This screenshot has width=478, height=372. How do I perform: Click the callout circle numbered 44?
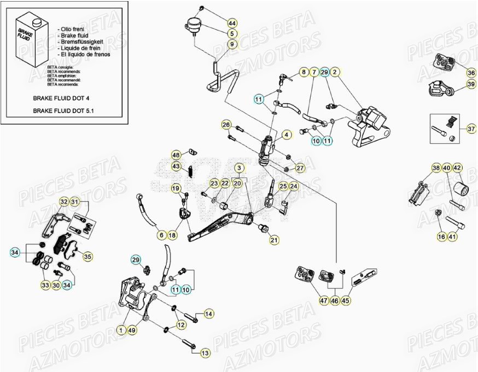coord(232,23)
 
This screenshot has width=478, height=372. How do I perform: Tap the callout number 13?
coord(205,353)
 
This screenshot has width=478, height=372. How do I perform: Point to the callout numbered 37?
coord(471,129)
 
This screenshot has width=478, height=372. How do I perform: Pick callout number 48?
coord(176,155)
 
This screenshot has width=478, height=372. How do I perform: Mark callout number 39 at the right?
coord(470,84)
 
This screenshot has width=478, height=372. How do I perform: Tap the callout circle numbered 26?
coord(226,125)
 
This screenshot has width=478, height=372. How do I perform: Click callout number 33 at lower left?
coord(45,285)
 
